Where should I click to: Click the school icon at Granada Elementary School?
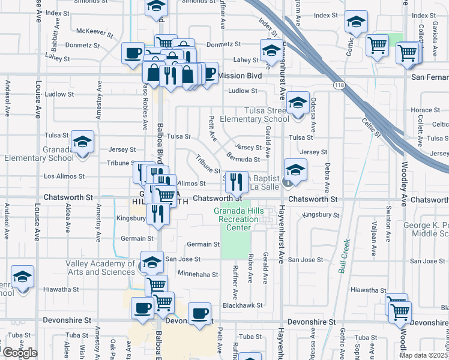pyautogui.click(x=83, y=142)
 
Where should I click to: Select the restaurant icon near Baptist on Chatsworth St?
pyautogui.click(x=237, y=180)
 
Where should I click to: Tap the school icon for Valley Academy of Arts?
pyautogui.click(x=152, y=262)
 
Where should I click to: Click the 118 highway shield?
pyautogui.click(x=339, y=85)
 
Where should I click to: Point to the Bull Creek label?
pyautogui.click(x=344, y=257)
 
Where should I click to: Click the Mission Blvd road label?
pyautogui.click(x=240, y=76)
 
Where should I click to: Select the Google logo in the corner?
pyautogui.click(x=19, y=353)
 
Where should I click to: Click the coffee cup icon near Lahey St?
pyautogui.click(x=133, y=53)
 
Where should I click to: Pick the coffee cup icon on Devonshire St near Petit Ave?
pyautogui.click(x=199, y=313)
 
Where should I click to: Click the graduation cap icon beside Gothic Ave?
pyautogui.click(x=356, y=23)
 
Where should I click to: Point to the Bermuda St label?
pyautogui.click(x=243, y=160)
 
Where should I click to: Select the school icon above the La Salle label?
pyautogui.click(x=296, y=170)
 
